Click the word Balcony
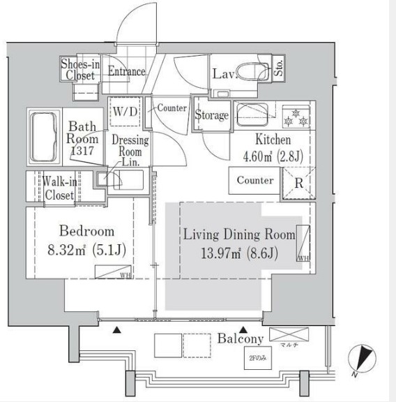tap(239, 339)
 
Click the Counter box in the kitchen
tap(254, 180)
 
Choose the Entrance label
tap(126, 71)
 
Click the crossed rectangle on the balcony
tap(287, 333)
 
